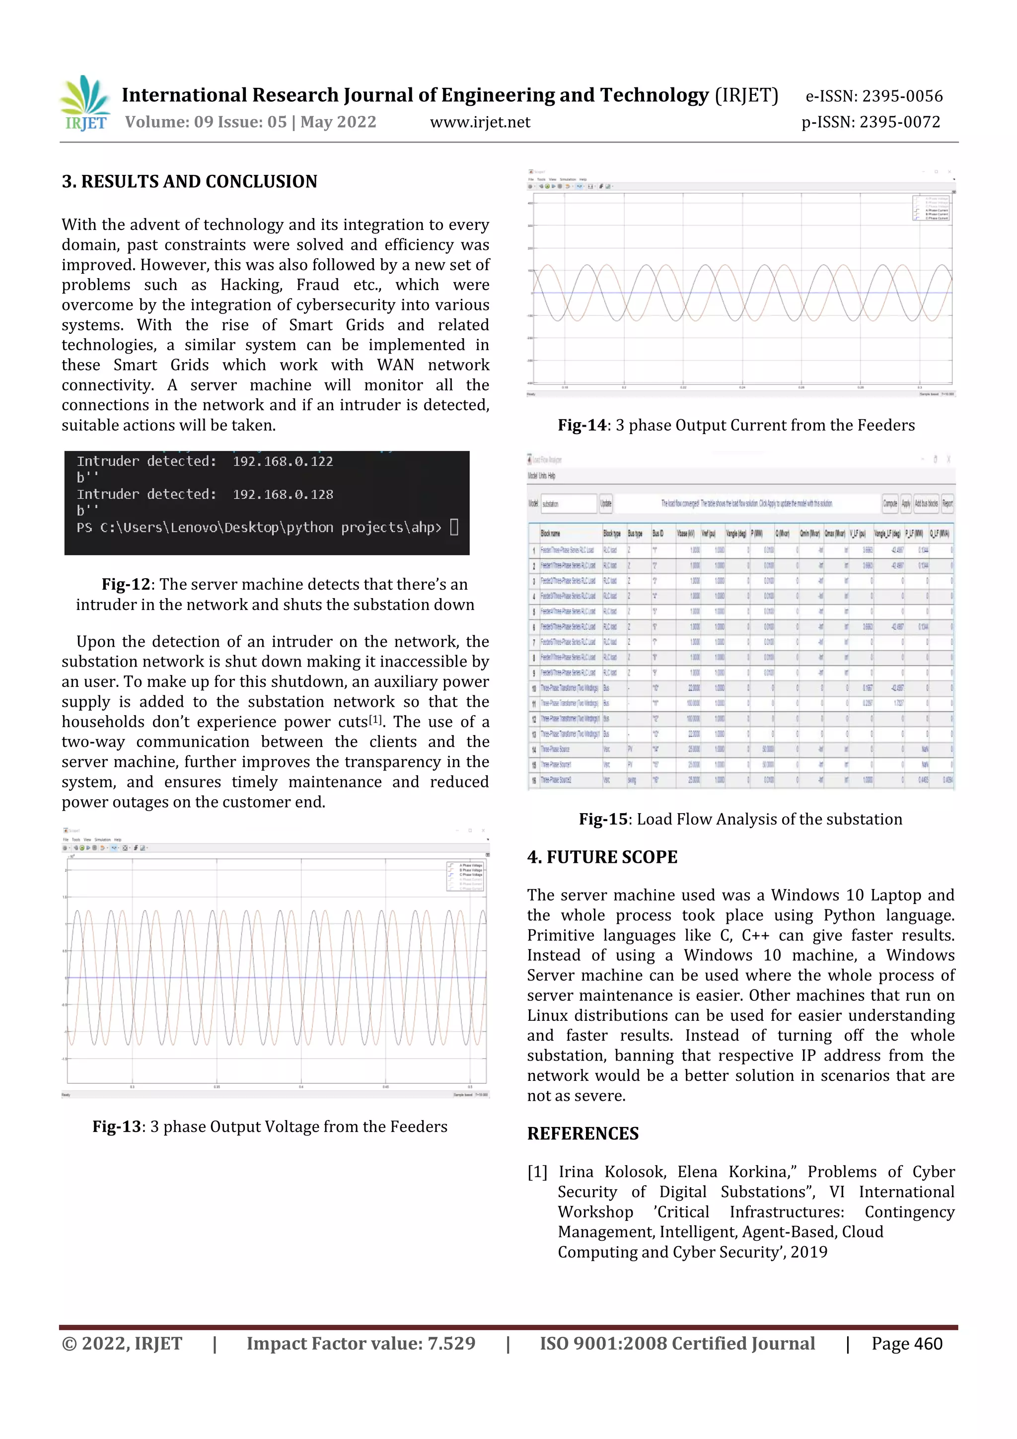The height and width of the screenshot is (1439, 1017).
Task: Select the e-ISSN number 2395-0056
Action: (x=902, y=96)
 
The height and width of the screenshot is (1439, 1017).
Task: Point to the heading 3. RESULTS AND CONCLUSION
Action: (x=189, y=182)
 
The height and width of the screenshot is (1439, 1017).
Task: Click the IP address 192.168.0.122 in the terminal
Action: (x=283, y=461)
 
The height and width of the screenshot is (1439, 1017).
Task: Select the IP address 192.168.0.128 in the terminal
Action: (x=283, y=495)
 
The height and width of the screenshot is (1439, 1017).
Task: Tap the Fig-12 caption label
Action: (x=126, y=584)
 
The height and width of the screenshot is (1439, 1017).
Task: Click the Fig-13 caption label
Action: (x=117, y=1126)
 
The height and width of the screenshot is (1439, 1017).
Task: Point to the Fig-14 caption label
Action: (x=582, y=425)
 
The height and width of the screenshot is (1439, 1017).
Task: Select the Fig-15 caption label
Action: (x=603, y=819)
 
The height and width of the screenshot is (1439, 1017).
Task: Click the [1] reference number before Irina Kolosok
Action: (x=537, y=1172)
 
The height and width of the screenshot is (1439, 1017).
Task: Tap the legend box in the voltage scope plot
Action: (x=464, y=876)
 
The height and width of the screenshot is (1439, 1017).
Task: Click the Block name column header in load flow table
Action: (x=550, y=533)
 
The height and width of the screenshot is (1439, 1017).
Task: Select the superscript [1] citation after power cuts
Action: (x=375, y=719)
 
